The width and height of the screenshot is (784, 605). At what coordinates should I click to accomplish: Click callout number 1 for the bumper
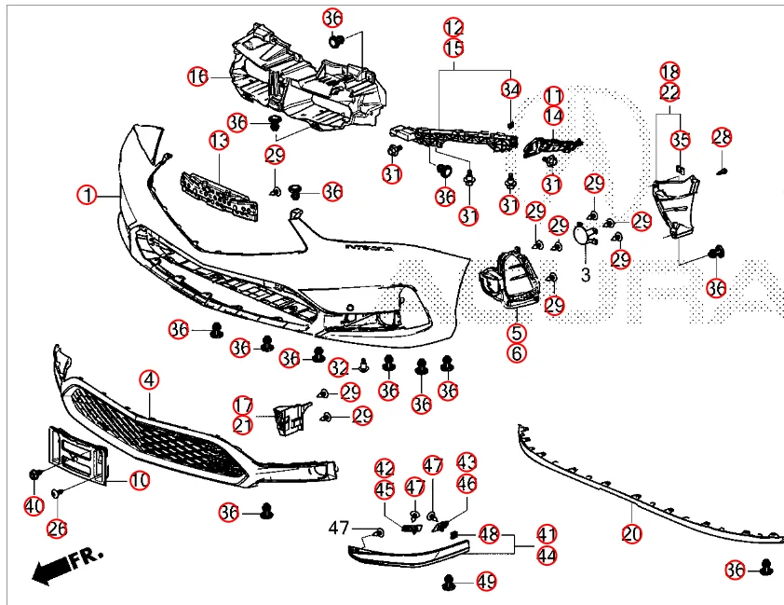click(87, 196)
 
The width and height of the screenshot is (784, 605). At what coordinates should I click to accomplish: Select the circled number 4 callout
click(150, 379)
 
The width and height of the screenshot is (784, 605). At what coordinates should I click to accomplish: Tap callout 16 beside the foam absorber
click(197, 76)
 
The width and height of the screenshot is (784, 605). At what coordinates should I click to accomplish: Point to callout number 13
click(219, 141)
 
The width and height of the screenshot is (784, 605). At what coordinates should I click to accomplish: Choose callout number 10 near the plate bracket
click(139, 481)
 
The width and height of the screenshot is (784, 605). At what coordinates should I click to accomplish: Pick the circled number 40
click(34, 506)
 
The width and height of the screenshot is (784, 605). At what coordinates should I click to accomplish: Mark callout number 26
click(58, 529)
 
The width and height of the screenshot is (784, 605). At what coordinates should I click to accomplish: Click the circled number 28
click(723, 138)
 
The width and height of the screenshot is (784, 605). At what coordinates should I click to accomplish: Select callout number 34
click(510, 89)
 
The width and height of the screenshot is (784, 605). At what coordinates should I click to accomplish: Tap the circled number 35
click(682, 141)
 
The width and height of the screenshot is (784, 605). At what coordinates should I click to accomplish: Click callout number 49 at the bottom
click(486, 582)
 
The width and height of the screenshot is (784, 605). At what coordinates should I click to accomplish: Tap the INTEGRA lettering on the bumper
click(371, 249)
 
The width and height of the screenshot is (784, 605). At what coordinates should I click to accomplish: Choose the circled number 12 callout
click(453, 27)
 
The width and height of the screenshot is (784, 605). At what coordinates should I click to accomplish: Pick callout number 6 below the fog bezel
click(517, 353)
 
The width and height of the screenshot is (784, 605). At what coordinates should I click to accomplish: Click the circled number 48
click(489, 534)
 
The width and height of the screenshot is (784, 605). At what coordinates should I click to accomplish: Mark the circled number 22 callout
click(670, 91)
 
